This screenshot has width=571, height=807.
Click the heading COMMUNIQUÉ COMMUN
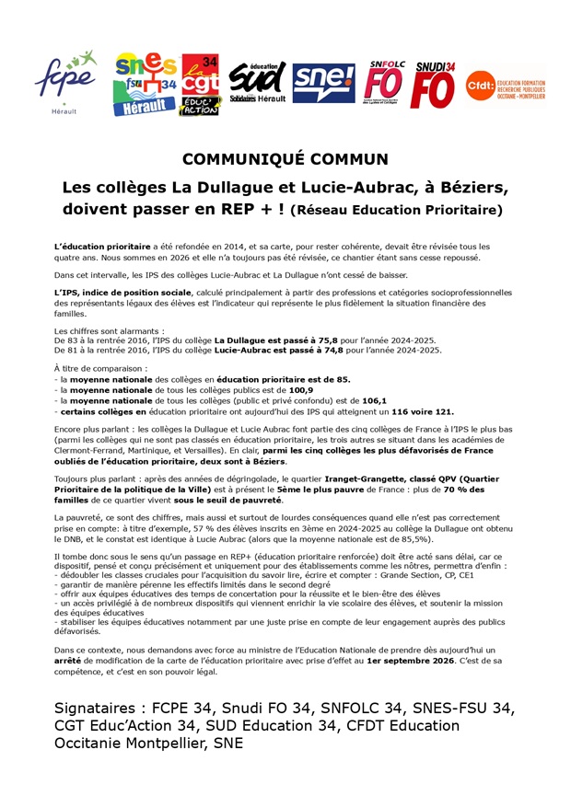pyautogui.click(x=285, y=158)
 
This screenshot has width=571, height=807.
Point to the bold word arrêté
pyautogui.click(x=68, y=660)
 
